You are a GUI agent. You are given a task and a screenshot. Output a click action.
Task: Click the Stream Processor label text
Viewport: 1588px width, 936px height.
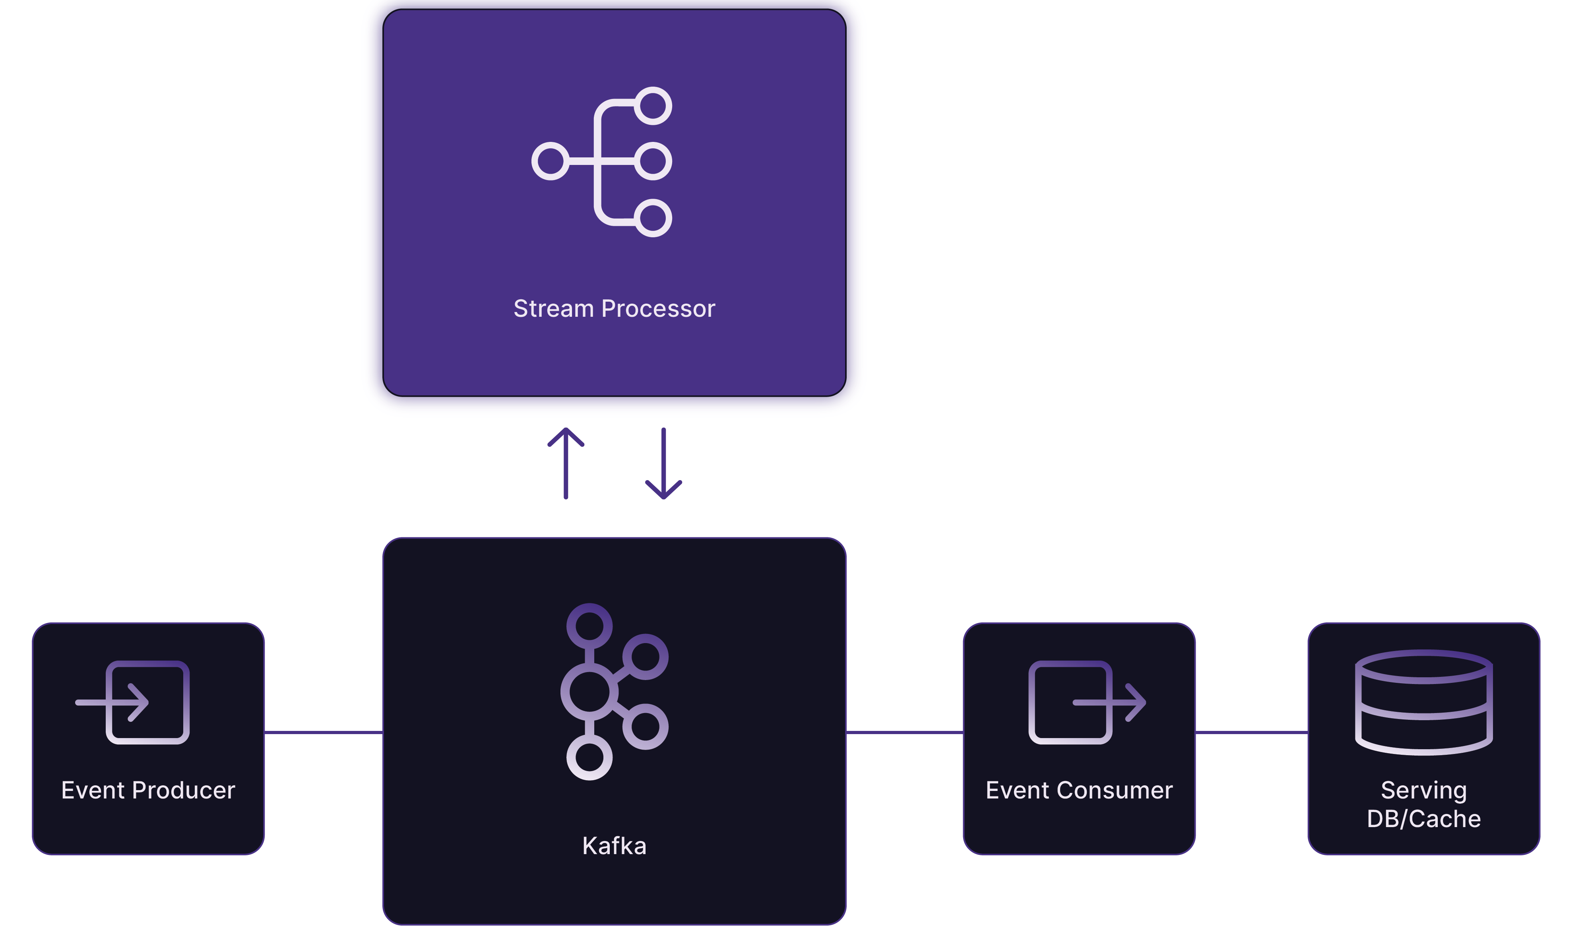[x=614, y=308]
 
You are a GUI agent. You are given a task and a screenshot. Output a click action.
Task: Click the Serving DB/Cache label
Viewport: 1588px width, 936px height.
[x=1423, y=804]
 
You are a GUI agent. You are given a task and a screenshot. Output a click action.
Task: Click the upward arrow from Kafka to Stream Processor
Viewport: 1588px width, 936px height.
[x=566, y=463]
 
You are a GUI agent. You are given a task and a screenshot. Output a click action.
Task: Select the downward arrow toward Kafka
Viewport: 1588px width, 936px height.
[x=663, y=463]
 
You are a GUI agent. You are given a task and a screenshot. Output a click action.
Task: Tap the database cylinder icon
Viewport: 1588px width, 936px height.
[x=1423, y=702]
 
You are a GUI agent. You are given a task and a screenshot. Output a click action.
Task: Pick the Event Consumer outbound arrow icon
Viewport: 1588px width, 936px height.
[x=1086, y=702]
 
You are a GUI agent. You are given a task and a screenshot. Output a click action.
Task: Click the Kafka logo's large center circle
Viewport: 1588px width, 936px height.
[x=589, y=691]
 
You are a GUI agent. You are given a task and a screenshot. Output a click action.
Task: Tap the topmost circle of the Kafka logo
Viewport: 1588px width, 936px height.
[x=589, y=626]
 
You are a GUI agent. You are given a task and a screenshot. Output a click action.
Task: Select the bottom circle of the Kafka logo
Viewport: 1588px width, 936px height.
[x=589, y=758]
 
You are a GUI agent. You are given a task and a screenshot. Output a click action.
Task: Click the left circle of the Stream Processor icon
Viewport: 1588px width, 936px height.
[x=551, y=161]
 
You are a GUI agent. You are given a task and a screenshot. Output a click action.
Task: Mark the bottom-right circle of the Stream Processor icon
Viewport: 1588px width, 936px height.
[x=652, y=217]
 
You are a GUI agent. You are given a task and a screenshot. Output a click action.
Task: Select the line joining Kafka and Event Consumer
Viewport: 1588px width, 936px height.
[x=904, y=732]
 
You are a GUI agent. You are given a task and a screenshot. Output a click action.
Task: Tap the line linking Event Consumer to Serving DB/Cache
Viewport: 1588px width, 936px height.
[x=1251, y=732]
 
